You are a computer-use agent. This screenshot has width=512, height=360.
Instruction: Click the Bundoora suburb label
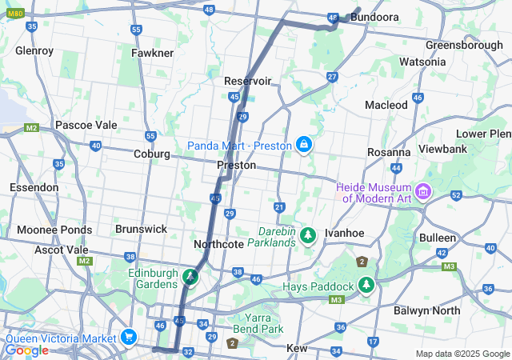(375, 16)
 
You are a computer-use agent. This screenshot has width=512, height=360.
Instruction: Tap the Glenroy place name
(34, 50)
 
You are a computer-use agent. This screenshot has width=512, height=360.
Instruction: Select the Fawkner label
(152, 53)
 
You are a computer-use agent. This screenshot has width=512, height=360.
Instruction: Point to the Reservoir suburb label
(248, 81)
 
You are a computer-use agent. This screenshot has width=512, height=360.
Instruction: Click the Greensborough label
(464, 45)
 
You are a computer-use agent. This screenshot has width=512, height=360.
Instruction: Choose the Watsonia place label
(422, 62)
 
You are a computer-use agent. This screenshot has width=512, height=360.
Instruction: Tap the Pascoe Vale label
(86, 125)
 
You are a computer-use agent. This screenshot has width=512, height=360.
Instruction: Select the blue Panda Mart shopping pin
(304, 145)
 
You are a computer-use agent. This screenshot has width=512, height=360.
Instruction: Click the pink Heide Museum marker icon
(423, 192)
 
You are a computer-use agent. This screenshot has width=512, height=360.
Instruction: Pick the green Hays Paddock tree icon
(366, 286)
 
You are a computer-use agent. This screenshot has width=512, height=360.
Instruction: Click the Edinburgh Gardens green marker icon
(190, 278)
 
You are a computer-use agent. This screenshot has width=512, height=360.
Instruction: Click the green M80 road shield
(15, 12)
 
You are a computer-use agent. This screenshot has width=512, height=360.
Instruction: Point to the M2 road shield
(31, 127)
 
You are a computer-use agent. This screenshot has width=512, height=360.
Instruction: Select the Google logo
(26, 350)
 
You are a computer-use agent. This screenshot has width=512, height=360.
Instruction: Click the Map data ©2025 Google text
(462, 354)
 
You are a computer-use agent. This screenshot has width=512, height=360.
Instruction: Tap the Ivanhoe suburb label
(345, 233)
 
